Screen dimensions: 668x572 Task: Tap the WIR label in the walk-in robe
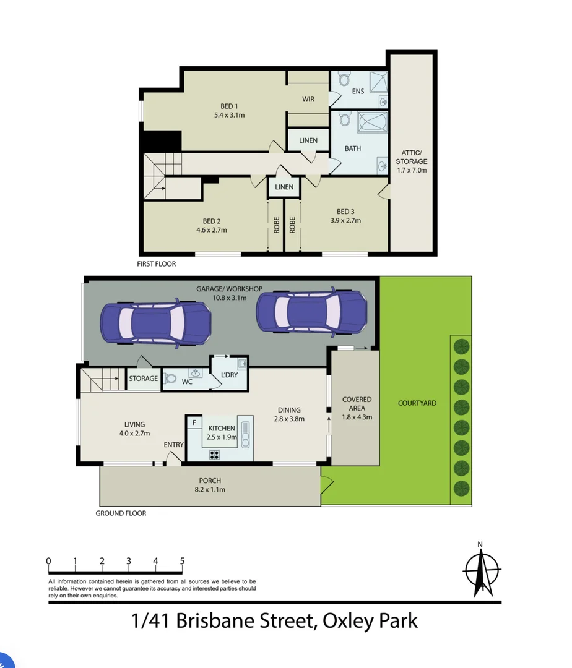point(308,100)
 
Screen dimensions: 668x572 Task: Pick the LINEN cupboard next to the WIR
point(308,140)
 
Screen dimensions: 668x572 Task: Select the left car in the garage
point(156,321)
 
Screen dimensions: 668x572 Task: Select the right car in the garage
point(311,312)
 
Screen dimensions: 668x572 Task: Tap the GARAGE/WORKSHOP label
point(230,289)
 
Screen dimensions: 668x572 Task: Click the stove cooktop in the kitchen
point(214,455)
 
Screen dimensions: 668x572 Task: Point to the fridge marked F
point(194,422)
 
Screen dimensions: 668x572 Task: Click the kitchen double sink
point(246,434)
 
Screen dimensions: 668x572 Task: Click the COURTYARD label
point(417,403)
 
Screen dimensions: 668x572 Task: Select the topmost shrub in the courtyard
point(461,346)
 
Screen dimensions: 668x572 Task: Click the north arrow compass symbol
point(480,568)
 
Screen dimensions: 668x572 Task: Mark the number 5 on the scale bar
point(182,561)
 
